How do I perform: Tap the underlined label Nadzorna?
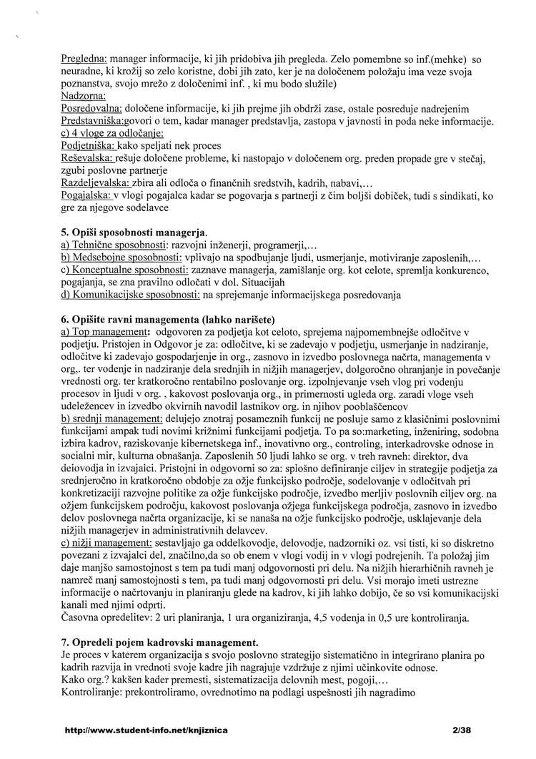(83, 95)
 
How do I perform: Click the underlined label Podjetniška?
(88, 146)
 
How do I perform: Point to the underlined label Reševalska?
(87, 158)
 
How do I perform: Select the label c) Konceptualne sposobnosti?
(125, 270)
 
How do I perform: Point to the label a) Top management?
(105, 333)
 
